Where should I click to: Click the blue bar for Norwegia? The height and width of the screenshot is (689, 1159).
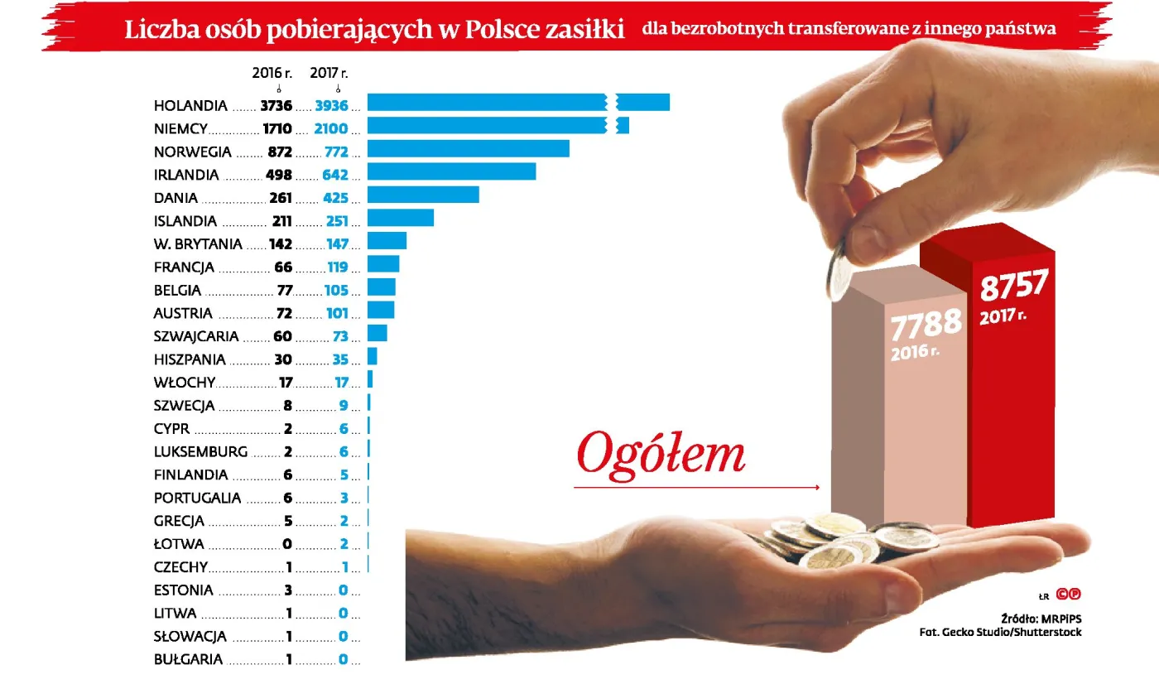(468, 149)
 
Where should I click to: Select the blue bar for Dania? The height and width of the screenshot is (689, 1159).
(423, 195)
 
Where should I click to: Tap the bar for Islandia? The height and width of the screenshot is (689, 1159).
(401, 218)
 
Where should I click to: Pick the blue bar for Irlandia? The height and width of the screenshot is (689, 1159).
(451, 171)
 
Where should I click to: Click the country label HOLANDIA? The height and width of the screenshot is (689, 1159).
(190, 106)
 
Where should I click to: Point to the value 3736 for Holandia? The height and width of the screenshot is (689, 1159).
(276, 106)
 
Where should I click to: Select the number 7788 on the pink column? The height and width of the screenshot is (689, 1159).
(926, 323)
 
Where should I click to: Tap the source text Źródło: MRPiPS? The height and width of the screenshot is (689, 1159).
(1041, 618)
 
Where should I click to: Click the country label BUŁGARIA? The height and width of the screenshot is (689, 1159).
(188, 660)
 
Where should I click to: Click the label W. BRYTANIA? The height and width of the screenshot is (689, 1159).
(198, 244)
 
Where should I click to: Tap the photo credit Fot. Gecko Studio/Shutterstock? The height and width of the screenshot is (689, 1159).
(1000, 632)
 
